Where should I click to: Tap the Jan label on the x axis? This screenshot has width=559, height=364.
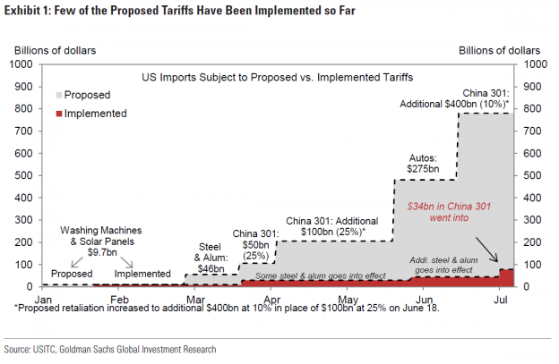44,298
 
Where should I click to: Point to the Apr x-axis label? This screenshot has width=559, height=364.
271,298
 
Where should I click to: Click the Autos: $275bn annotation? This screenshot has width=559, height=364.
421,162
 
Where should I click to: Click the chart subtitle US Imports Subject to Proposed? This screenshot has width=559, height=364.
278,78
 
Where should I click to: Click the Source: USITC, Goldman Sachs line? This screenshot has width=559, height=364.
113,349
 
